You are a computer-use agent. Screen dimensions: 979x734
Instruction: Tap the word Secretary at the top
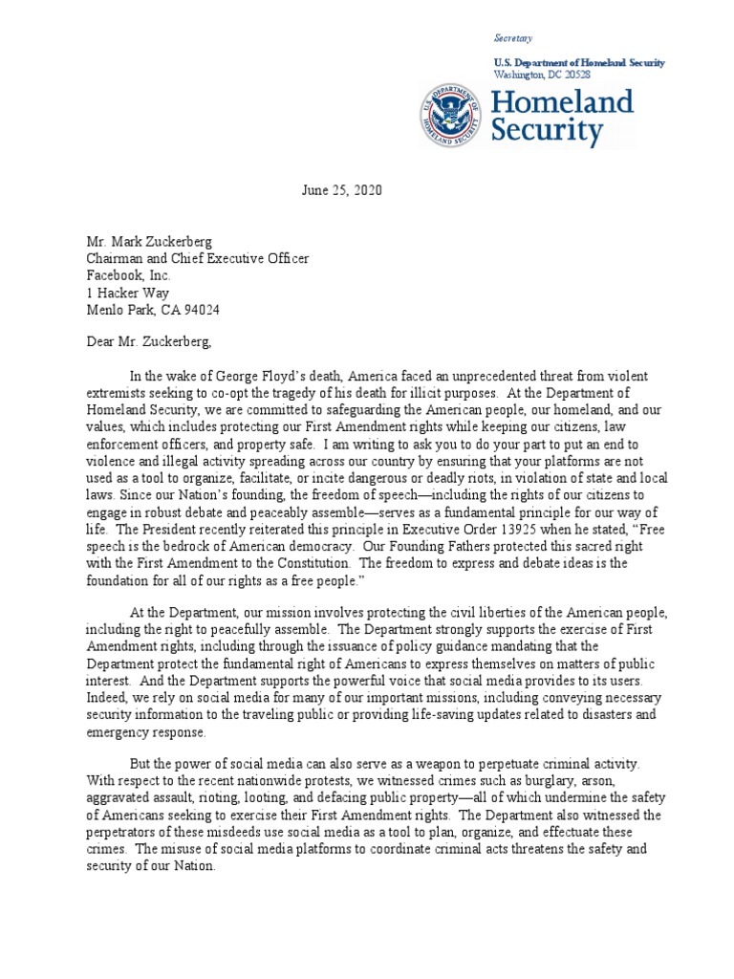(x=511, y=38)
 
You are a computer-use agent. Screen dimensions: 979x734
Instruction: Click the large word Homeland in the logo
(x=562, y=101)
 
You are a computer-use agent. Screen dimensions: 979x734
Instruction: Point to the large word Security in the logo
(x=547, y=131)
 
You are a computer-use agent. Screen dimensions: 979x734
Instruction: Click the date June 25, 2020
(x=341, y=190)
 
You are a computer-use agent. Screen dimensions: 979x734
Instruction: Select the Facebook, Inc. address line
(x=129, y=275)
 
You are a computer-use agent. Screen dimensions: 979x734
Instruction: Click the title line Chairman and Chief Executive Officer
(x=198, y=258)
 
